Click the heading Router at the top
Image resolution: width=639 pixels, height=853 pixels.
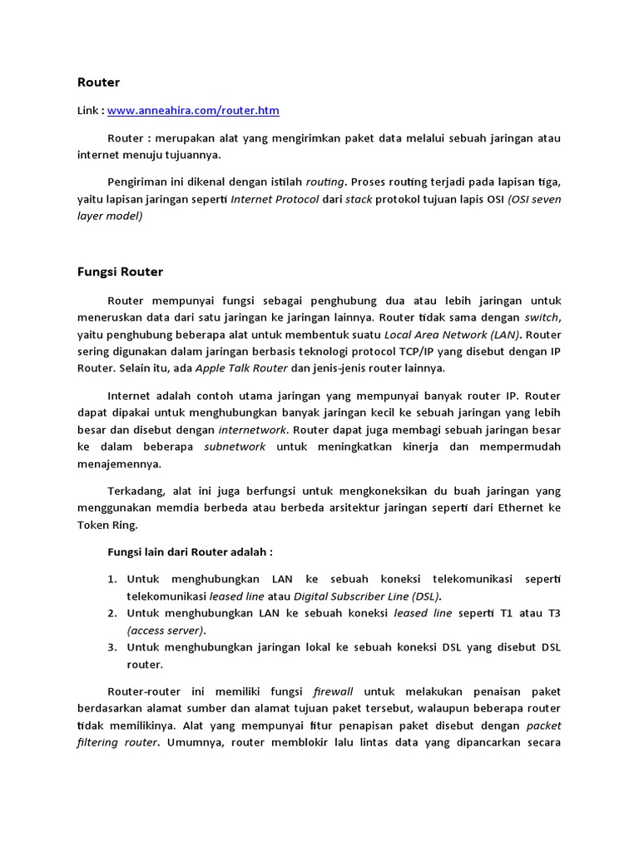point(98,82)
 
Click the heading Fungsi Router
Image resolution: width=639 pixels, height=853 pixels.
point(120,272)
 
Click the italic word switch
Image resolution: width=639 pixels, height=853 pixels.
point(542,317)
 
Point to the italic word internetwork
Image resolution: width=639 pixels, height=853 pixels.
point(252,430)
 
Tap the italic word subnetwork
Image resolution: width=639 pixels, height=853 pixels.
point(235,446)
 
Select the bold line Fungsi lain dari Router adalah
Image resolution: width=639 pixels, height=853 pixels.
point(191,551)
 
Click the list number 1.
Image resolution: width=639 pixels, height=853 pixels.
point(112,579)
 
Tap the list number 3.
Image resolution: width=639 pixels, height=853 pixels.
point(112,646)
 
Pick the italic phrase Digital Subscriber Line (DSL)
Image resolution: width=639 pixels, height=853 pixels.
point(368,596)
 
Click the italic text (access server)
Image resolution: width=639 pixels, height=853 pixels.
point(166,630)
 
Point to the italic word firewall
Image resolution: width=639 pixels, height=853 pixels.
point(333,691)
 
